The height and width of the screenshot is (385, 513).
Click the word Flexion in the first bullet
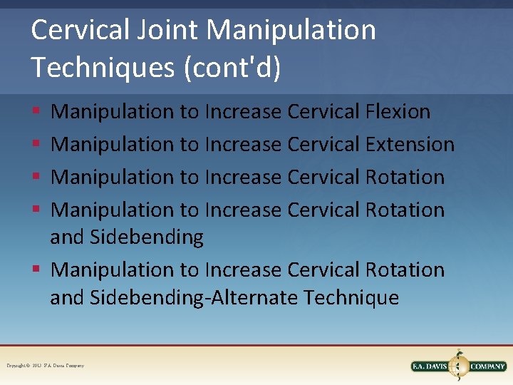[398, 112]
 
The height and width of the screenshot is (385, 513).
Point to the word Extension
[410, 145]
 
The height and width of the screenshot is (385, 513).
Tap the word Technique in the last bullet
[351, 297]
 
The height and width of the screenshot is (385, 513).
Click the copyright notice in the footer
[46, 366]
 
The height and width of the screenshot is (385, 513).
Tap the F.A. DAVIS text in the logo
[430, 366]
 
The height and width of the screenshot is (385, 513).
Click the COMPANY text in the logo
[487, 366]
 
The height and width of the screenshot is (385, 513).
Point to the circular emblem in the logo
[459, 366]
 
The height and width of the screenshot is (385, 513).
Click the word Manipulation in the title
[291, 30]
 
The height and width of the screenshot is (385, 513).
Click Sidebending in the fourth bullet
[147, 237]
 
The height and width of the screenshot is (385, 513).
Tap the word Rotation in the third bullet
[405, 178]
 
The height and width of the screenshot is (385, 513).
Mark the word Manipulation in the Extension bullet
[113, 145]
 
